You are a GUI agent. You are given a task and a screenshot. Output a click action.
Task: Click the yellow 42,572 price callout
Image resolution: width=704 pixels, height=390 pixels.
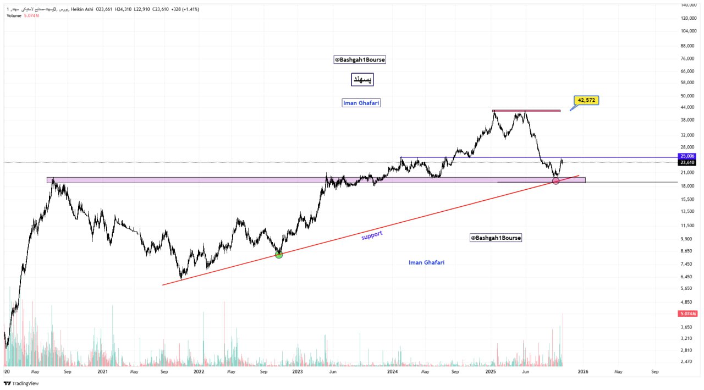[x=586, y=100]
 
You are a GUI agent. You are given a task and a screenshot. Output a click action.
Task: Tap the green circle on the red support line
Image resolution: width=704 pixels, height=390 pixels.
[x=279, y=254]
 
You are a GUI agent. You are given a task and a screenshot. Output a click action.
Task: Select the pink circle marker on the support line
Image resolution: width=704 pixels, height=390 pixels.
[x=555, y=181]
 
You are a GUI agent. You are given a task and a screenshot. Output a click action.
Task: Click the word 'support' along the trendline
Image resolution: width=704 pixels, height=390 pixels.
[x=372, y=235]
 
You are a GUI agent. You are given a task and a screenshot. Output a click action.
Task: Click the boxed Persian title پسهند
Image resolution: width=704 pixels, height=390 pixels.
[x=361, y=80]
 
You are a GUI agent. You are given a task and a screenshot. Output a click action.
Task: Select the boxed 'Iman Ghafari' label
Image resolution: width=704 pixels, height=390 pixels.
[x=361, y=103]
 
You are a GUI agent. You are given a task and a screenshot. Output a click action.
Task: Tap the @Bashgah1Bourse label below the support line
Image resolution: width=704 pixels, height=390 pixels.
[x=496, y=238]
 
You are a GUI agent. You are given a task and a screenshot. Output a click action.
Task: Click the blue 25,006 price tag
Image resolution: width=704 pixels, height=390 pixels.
[x=687, y=156]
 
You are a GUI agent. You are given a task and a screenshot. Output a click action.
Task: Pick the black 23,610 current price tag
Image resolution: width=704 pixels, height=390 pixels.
[x=687, y=162]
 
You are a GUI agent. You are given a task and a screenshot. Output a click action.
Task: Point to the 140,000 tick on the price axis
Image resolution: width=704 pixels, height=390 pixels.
[x=689, y=5]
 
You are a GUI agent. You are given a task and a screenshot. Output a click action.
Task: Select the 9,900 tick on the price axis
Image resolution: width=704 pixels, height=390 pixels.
[x=686, y=239]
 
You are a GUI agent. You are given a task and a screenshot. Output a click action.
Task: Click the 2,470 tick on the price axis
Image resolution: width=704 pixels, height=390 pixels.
[x=686, y=361]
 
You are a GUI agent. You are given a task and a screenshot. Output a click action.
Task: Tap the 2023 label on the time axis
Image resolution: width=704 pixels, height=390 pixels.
[x=298, y=372]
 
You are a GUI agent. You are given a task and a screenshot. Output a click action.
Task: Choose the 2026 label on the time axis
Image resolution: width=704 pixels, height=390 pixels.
[x=583, y=372]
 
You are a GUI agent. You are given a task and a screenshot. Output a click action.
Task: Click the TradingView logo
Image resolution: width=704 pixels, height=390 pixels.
[x=17, y=383]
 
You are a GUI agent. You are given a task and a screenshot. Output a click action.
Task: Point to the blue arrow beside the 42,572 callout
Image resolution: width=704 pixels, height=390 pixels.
[x=574, y=108]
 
